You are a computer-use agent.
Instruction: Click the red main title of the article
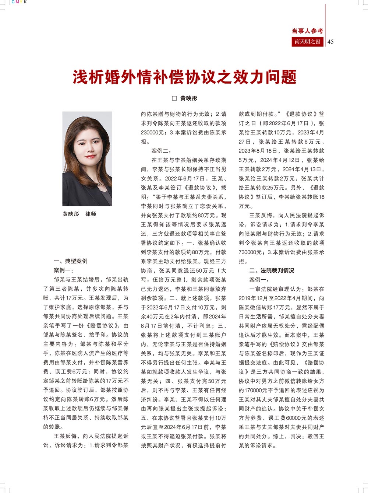184,77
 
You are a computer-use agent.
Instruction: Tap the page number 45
330,42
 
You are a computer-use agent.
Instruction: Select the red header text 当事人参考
307,31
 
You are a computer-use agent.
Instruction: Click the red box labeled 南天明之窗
307,42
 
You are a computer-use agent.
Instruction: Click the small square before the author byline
174,98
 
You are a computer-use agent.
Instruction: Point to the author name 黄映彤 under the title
189,98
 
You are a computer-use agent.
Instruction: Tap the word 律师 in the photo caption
91,214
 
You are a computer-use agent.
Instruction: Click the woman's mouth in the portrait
91,157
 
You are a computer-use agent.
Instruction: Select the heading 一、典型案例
70,261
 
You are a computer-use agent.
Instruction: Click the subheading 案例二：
161,151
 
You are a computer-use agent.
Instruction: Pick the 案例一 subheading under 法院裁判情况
259,280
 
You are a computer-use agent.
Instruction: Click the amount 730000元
250,252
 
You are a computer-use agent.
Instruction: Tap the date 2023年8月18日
258,151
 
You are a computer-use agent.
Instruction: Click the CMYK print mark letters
19,2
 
